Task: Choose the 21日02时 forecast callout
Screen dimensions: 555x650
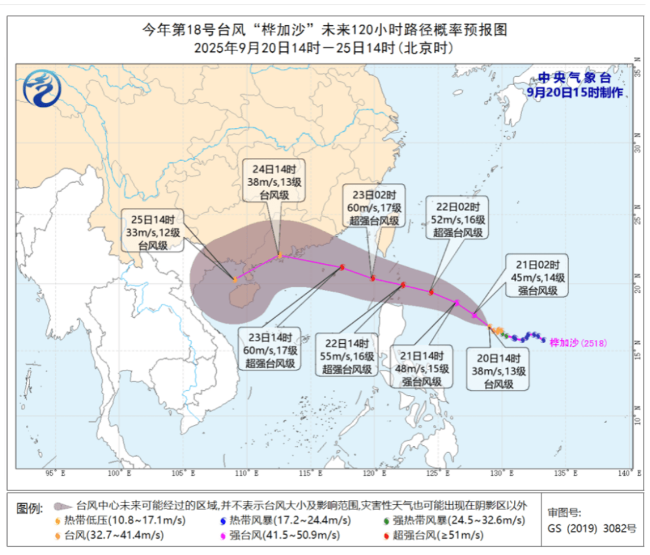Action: [536, 277]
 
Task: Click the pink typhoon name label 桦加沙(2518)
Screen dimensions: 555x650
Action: [578, 342]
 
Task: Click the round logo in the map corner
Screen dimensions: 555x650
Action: [40, 90]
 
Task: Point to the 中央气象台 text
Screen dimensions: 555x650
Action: [575, 78]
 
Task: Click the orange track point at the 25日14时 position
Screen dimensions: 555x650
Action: [235, 280]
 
